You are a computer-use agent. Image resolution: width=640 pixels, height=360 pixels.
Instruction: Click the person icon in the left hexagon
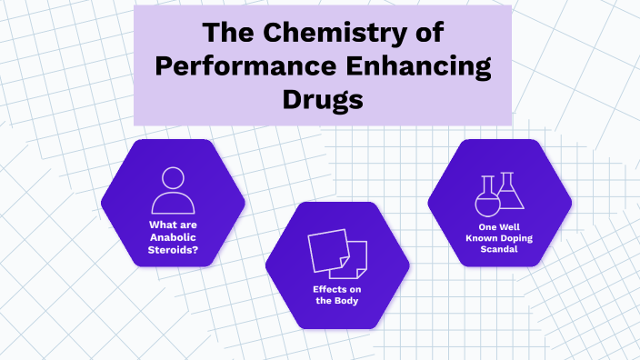[173, 191]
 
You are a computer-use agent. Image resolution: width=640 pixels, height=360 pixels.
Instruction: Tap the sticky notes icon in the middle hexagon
[337, 254]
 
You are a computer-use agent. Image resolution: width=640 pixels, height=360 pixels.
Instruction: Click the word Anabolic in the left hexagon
[173, 239]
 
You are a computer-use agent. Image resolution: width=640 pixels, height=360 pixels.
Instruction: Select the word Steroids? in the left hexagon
[173, 251]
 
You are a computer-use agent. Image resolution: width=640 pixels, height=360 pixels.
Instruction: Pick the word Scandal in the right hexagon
[499, 250]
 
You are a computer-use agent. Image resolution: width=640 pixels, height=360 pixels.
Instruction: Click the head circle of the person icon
[173, 178]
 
